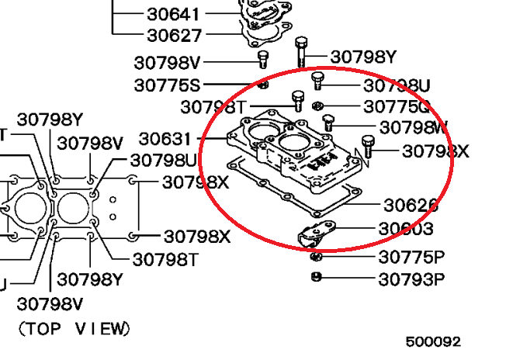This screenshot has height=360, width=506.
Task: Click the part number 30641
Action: [x=173, y=14]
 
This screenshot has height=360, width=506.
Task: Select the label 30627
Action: [x=173, y=35]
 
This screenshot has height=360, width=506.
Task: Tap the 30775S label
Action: [x=167, y=85]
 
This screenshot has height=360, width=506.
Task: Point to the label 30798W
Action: [x=414, y=126]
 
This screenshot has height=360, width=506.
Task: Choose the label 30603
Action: [x=405, y=230]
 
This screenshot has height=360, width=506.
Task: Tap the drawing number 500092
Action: [x=433, y=341]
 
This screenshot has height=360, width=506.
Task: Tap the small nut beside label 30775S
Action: [x=263, y=84]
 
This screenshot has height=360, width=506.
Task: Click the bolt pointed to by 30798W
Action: [x=328, y=123]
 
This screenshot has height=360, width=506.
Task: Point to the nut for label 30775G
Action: [x=317, y=105]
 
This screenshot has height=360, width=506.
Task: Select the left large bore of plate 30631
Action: [x=262, y=130]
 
